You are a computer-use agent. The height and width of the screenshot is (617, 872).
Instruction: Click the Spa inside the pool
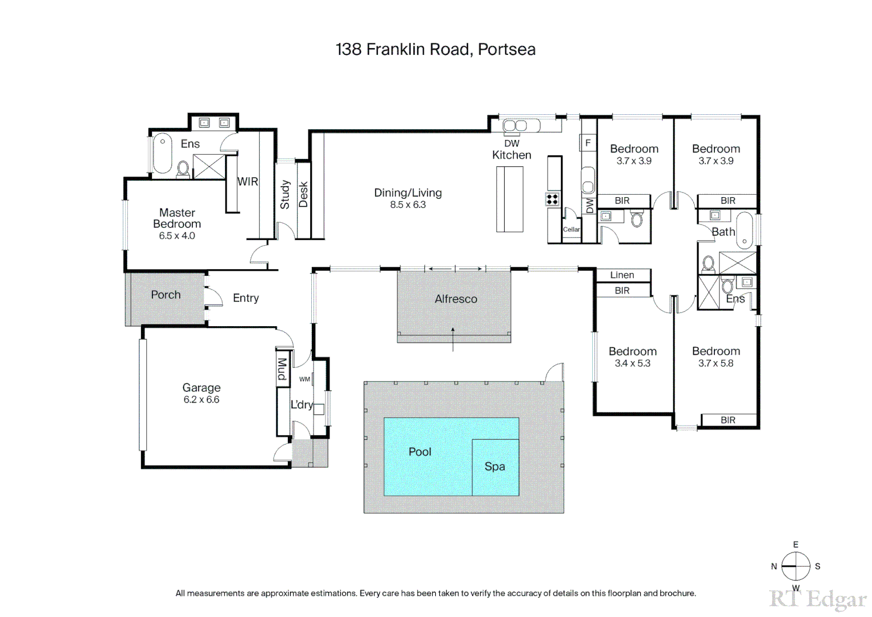click(495, 467)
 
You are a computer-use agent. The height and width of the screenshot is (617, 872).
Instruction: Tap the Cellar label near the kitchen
click(571, 230)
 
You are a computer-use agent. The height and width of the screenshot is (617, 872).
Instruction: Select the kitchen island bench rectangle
click(509, 199)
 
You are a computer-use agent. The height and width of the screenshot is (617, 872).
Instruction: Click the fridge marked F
click(588, 143)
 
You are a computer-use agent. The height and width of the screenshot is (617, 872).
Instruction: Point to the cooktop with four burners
click(552, 199)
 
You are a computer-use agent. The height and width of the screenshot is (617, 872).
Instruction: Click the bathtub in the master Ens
click(162, 153)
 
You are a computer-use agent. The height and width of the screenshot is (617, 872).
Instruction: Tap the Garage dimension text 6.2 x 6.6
click(201, 400)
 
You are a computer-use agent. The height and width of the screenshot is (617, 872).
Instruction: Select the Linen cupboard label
click(622, 275)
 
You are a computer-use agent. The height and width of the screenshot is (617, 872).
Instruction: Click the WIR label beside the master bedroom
click(248, 182)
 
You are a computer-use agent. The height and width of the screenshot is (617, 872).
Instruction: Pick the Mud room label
click(282, 369)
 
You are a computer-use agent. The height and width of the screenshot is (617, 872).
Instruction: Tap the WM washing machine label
click(304, 379)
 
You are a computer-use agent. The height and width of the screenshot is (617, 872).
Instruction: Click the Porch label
click(166, 295)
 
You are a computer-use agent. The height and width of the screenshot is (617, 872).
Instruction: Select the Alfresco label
click(456, 299)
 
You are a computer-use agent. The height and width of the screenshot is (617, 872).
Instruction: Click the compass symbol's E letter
click(795, 545)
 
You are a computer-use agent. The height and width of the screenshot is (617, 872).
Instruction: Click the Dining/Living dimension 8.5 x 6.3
click(408, 205)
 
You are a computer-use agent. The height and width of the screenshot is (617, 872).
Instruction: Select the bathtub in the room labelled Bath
click(744, 230)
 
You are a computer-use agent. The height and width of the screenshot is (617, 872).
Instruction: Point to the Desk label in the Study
click(303, 195)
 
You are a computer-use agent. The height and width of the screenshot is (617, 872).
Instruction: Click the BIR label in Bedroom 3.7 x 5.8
click(728, 420)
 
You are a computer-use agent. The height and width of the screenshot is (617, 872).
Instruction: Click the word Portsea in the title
click(507, 50)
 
